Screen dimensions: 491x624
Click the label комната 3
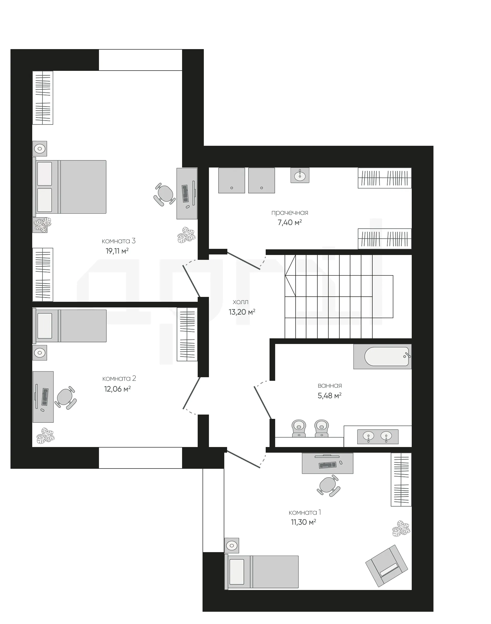click(x=118, y=241)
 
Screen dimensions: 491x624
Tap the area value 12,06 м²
click(x=117, y=389)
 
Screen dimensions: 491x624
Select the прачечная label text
click(x=290, y=213)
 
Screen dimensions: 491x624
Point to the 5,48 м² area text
click(x=329, y=396)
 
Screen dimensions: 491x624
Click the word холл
click(x=241, y=302)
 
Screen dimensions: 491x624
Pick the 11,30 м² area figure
click(x=304, y=522)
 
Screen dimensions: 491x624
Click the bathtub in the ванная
click(x=382, y=356)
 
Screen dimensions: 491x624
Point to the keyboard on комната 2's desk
click(x=45, y=397)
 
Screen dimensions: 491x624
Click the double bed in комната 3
click(x=69, y=187)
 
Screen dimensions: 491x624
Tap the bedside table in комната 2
click(x=40, y=352)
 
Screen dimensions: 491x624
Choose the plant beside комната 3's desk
click(x=186, y=235)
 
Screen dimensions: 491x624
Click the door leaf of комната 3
click(x=191, y=281)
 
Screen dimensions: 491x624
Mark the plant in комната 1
click(x=401, y=528)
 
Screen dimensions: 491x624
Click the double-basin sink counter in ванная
click(x=378, y=437)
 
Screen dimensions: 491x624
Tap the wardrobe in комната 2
click(x=187, y=334)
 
